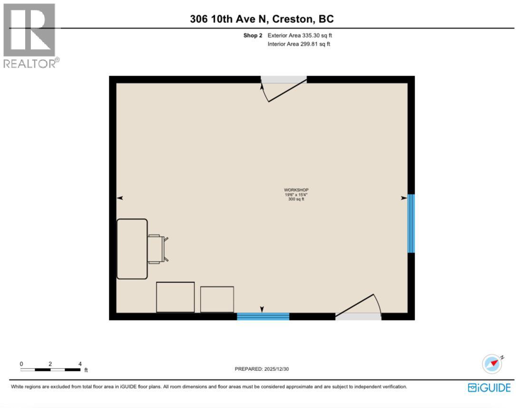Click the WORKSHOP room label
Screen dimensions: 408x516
click(296, 190)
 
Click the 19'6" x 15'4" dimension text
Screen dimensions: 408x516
click(296, 195)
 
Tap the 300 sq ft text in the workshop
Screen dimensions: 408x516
click(296, 199)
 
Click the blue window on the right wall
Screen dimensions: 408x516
click(411, 223)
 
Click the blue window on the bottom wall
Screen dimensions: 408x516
click(263, 316)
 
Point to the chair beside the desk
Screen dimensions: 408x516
click(157, 249)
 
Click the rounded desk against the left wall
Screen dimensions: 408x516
click(132, 249)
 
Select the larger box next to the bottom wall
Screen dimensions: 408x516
click(175, 297)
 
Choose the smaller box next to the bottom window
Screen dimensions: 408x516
click(217, 299)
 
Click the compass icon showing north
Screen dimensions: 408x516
click(492, 364)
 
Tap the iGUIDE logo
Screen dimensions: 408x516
click(489, 388)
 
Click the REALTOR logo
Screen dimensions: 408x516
click(30, 36)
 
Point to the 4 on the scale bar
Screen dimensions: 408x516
click(80, 364)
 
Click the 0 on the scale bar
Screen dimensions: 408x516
click(21, 364)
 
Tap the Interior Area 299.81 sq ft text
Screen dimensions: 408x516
click(299, 44)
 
